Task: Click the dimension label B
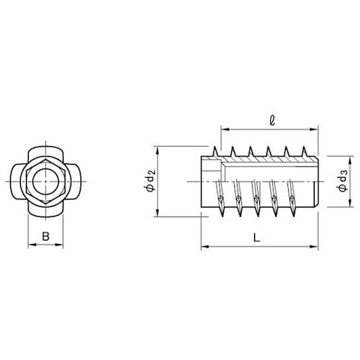click(x=45, y=236)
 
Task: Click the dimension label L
click(x=256, y=238)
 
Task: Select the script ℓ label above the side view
click(x=272, y=121)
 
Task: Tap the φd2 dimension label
click(x=151, y=181)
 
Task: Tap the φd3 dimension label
click(x=343, y=181)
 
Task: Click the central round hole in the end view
click(x=45, y=181)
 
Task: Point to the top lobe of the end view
click(x=45, y=153)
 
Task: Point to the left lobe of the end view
click(x=17, y=181)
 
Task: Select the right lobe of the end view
click(x=75, y=181)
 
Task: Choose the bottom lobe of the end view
click(x=45, y=210)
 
